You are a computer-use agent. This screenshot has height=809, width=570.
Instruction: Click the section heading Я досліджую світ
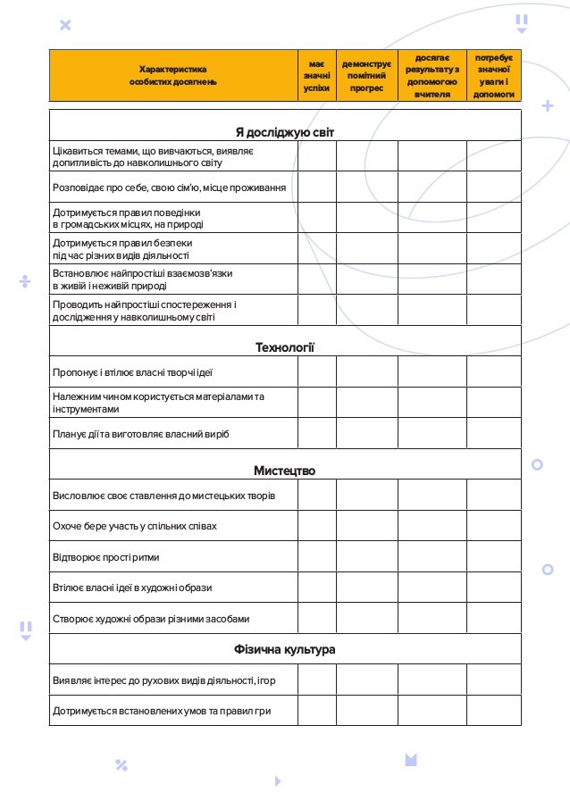tap(284, 133)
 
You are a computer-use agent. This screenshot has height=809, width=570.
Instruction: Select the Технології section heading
tap(284, 347)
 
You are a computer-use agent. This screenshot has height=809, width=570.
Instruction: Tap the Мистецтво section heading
tap(284, 471)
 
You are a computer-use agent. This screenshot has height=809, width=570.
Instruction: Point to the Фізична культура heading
tap(284, 649)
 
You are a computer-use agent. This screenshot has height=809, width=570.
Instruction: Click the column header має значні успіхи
tap(316, 76)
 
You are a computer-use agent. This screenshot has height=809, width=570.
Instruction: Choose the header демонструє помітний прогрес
tap(366, 76)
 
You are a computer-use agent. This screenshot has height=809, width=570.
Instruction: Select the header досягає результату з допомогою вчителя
tap(432, 76)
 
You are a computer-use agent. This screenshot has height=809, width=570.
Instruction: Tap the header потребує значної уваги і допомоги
tap(493, 76)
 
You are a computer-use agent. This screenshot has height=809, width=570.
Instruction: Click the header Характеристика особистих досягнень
tap(172, 76)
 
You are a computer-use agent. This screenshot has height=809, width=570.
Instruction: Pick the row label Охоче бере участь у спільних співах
tap(135, 526)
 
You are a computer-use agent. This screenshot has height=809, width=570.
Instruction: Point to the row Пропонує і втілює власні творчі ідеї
tap(132, 371)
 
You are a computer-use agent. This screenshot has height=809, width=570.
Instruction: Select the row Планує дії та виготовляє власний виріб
tap(141, 434)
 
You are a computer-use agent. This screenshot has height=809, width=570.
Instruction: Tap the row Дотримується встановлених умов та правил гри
tap(162, 711)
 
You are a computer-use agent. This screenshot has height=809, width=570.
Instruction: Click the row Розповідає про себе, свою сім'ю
tap(169, 188)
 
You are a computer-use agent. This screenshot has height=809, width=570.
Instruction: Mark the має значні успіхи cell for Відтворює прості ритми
tap(316, 557)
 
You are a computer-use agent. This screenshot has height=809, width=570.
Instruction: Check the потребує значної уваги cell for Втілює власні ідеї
tap(493, 588)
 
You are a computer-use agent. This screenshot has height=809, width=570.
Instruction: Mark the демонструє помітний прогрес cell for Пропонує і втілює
tap(366, 371)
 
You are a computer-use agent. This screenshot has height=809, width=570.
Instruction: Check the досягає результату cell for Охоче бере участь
tap(432, 526)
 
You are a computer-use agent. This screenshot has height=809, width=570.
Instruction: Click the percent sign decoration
tap(122, 764)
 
